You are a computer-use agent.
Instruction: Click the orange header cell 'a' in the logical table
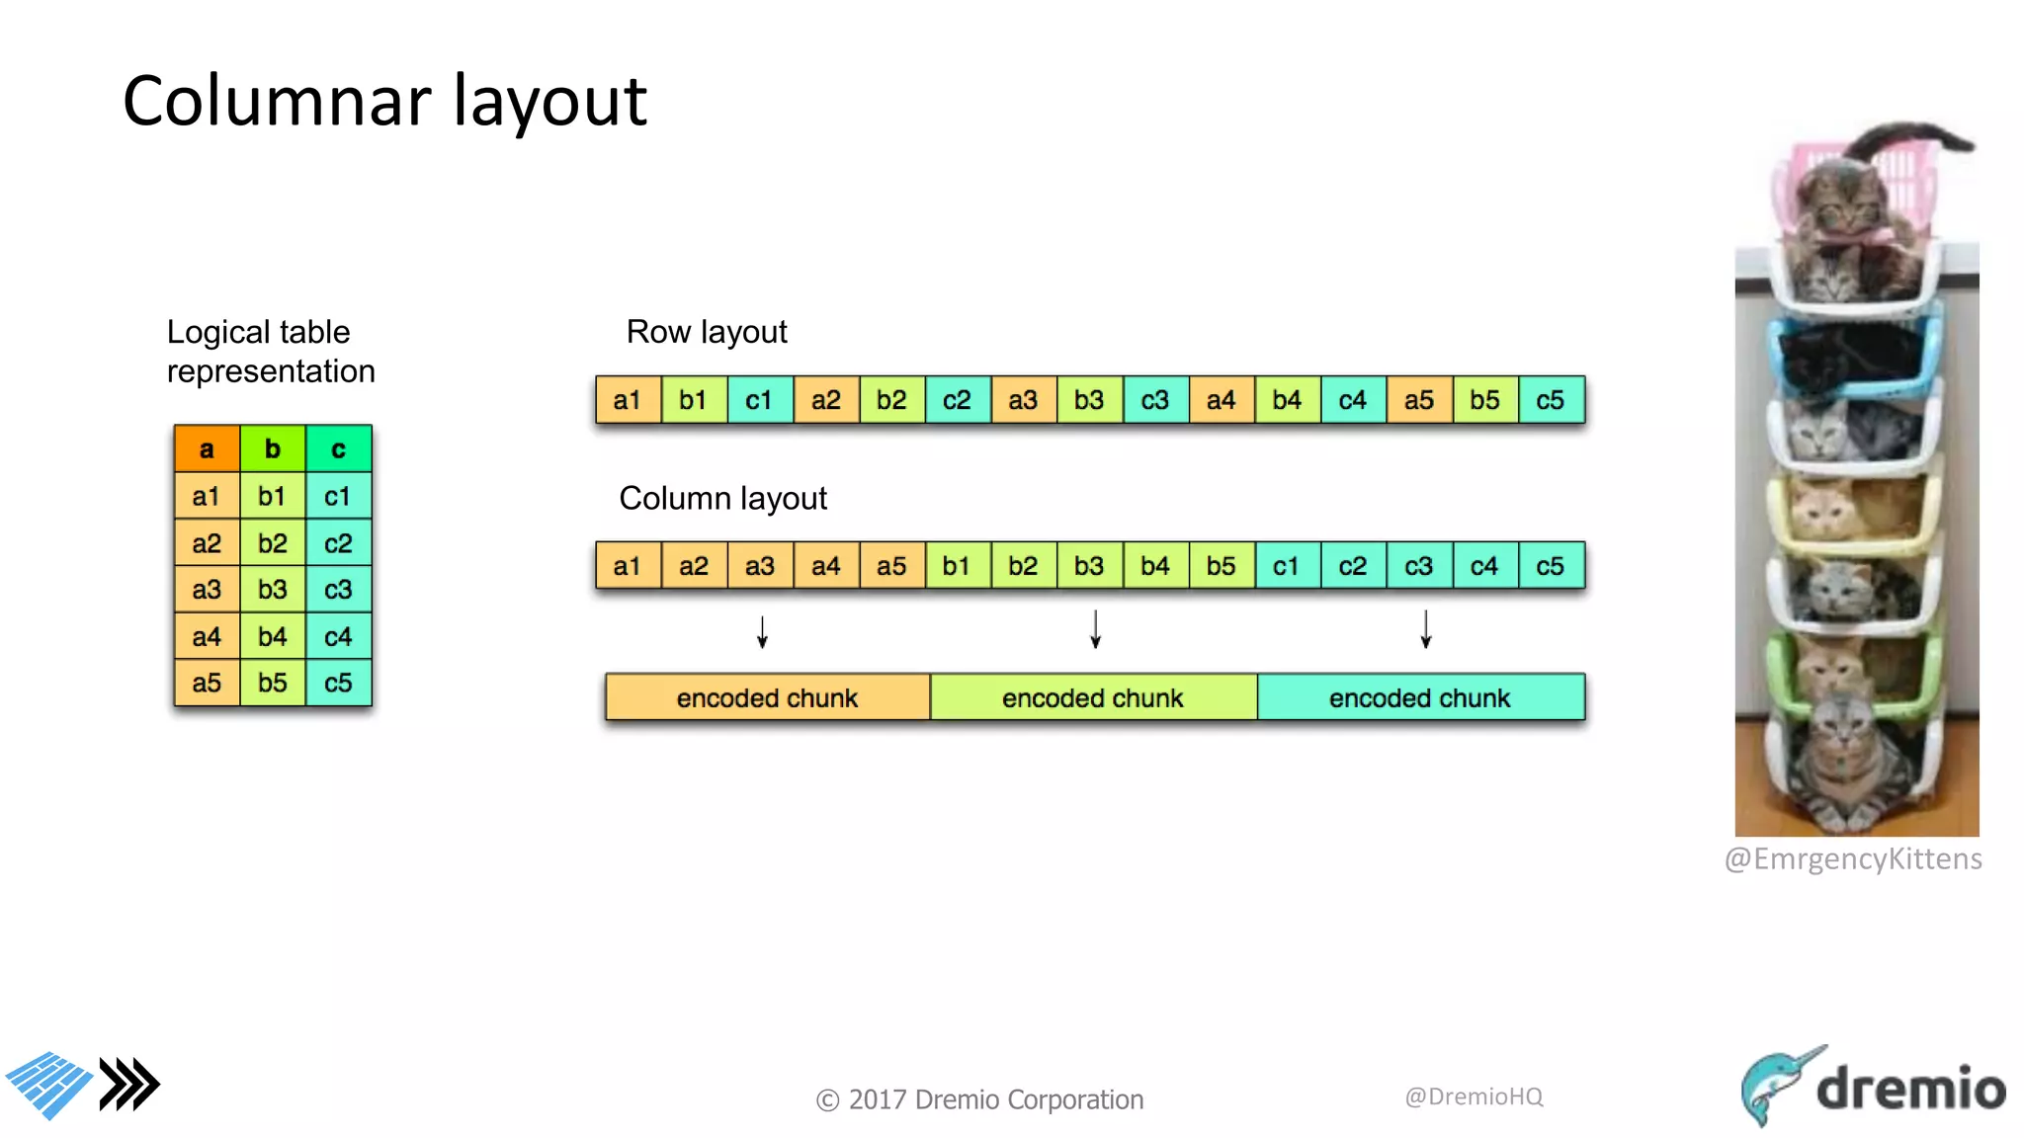click(x=207, y=449)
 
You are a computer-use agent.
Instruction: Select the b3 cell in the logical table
click(x=273, y=590)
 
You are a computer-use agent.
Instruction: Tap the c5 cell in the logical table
click(x=338, y=683)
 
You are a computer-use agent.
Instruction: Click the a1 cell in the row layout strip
click(x=628, y=400)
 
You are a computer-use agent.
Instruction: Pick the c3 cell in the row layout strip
click(x=1154, y=400)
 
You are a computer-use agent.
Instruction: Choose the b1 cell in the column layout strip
click(x=957, y=566)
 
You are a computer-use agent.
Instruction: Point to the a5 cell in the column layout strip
click(x=891, y=566)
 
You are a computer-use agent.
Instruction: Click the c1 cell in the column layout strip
click(x=1286, y=566)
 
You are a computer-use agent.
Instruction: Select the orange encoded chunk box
click(x=767, y=697)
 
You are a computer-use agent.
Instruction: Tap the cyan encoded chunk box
click(x=1419, y=697)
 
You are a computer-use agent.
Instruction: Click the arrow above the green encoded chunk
click(x=1095, y=629)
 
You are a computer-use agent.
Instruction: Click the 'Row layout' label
click(x=707, y=332)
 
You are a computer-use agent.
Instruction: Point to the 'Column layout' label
click(x=722, y=498)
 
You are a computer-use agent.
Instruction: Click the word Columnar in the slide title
click(x=278, y=102)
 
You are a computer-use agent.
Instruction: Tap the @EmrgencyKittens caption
click(x=1853, y=858)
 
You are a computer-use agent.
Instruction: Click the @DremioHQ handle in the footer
click(x=1474, y=1097)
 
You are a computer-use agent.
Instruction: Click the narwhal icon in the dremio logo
click(x=1776, y=1085)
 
